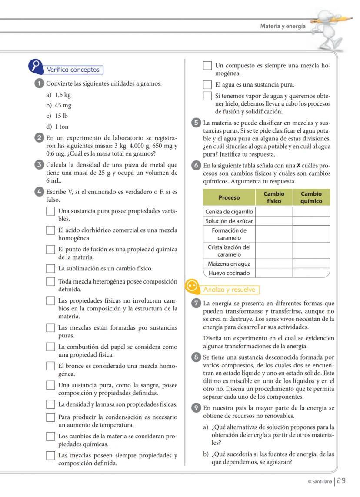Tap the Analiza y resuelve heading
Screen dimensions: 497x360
tap(230, 290)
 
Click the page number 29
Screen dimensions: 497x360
tap(342, 480)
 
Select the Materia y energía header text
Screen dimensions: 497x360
tap(283, 26)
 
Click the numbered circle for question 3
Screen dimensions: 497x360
tap(38, 165)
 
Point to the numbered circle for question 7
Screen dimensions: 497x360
tap(196, 303)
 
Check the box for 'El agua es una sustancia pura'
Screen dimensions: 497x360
tap(208, 84)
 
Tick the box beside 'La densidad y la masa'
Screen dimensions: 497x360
tap(51, 405)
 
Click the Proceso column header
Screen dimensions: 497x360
tap(229, 197)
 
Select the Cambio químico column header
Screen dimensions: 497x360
tap(311, 197)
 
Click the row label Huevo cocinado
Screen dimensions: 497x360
tap(229, 273)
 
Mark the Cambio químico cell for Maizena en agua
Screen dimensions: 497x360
tap(311, 264)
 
